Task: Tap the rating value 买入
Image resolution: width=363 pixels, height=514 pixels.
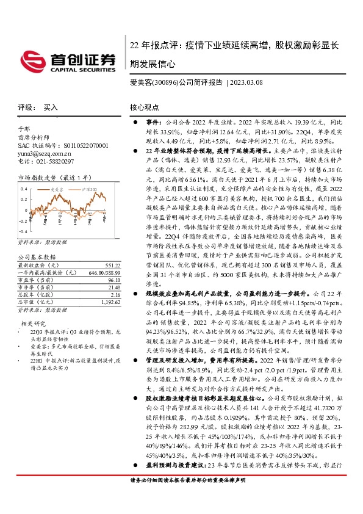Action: tap(51, 107)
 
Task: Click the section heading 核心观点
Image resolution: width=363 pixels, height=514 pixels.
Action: tap(145, 107)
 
